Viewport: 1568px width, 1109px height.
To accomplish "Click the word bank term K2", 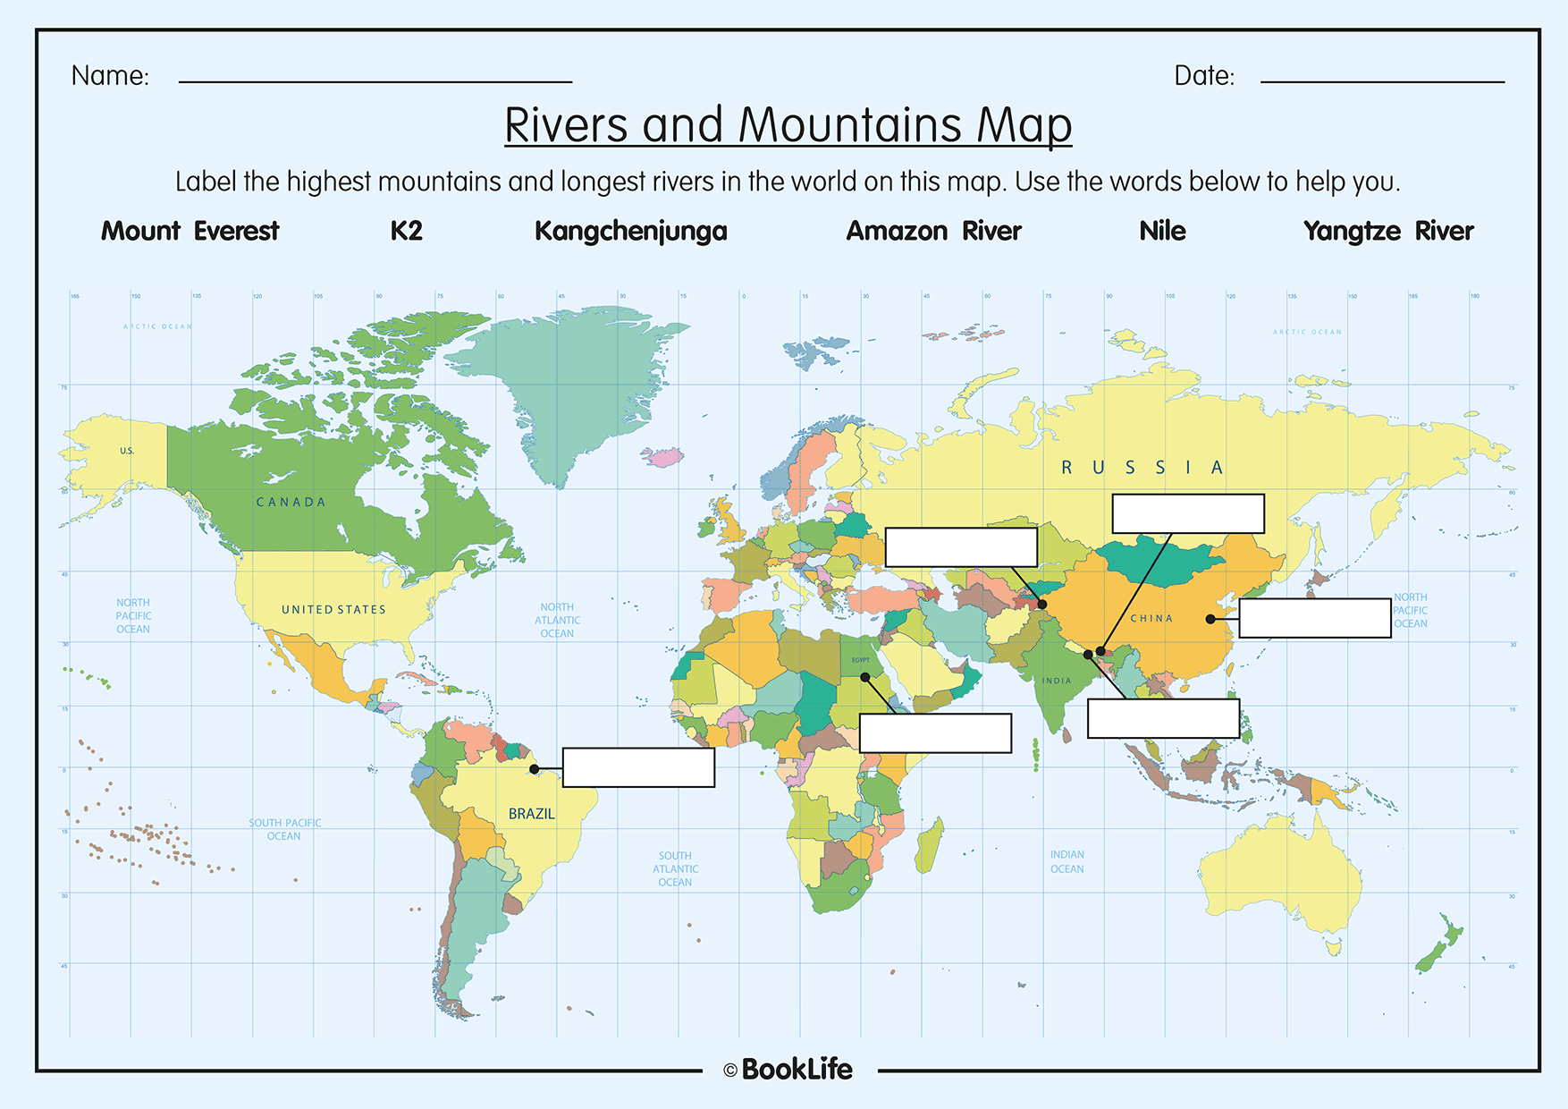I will [x=406, y=231].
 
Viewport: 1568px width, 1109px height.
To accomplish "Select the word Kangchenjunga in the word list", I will [x=630, y=232].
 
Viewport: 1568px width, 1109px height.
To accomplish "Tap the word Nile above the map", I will [x=1161, y=231].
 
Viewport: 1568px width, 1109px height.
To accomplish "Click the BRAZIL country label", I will [x=531, y=814].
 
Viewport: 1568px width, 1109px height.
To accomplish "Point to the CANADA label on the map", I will [x=291, y=503].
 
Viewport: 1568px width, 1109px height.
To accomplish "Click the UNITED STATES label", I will [x=333, y=610].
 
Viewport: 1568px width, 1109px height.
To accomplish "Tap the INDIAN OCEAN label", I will [x=1066, y=861].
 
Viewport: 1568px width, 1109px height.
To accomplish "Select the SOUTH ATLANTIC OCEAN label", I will [x=675, y=868].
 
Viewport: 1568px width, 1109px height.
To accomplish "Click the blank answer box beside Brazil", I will [x=638, y=767].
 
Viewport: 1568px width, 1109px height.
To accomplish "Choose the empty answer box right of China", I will [x=1314, y=618].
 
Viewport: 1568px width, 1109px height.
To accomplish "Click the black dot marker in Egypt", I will [x=864, y=677].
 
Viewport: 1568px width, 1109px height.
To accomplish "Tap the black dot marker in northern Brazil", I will [x=534, y=769].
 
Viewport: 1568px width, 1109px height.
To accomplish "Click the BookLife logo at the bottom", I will [x=788, y=1070].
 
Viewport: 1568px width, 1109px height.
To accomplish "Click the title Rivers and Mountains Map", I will [x=788, y=124].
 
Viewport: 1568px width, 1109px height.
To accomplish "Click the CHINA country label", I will [x=1151, y=619].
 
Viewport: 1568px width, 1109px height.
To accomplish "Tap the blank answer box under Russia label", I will [x=1187, y=513].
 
